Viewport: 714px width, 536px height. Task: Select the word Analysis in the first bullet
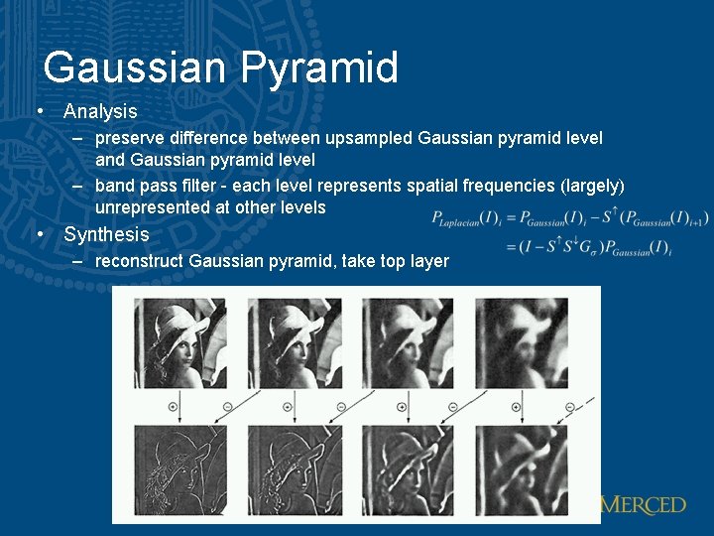tap(100, 111)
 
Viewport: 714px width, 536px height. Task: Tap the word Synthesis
tap(106, 235)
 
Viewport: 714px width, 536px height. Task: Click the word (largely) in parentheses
tap(592, 186)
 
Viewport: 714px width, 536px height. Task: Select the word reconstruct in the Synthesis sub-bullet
tap(139, 261)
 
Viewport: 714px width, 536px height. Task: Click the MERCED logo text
tap(644, 505)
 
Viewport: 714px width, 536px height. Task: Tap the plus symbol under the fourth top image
tap(516, 406)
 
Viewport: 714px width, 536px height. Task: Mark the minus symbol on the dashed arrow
tap(568, 406)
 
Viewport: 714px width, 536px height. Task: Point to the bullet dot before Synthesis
tap(39, 235)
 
